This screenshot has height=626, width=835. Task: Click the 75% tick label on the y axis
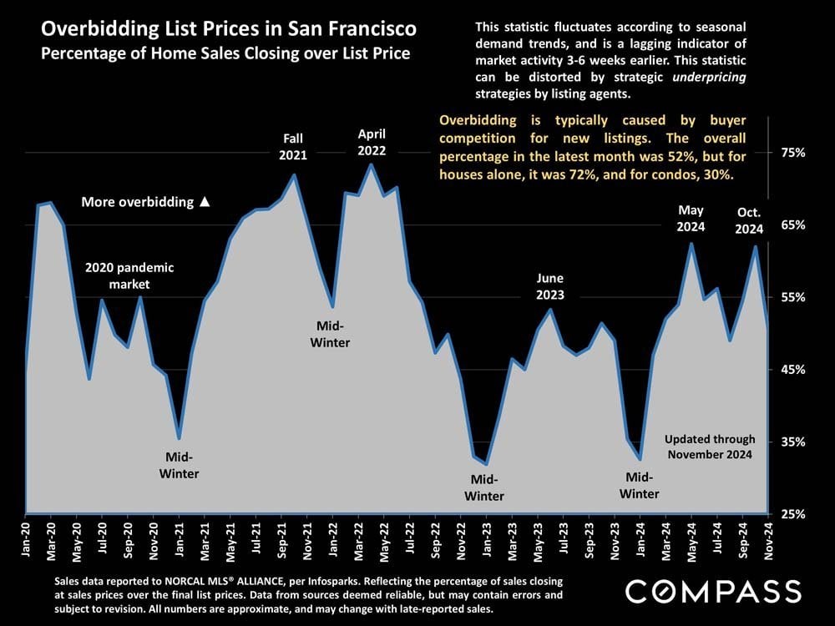793,153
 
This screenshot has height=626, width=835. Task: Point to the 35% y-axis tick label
793,442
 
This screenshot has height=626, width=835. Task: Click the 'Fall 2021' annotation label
293,147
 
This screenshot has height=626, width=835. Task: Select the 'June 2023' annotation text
550,286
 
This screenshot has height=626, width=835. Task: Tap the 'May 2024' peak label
691,218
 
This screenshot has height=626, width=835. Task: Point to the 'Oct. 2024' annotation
750,219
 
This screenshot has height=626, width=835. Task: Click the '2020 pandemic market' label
130,275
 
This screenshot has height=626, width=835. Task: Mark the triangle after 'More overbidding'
205,202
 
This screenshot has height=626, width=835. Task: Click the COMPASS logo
713,592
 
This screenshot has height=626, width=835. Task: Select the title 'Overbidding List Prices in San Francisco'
229,30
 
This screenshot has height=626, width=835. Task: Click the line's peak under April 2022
371,164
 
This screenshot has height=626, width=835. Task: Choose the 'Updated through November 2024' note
710,447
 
